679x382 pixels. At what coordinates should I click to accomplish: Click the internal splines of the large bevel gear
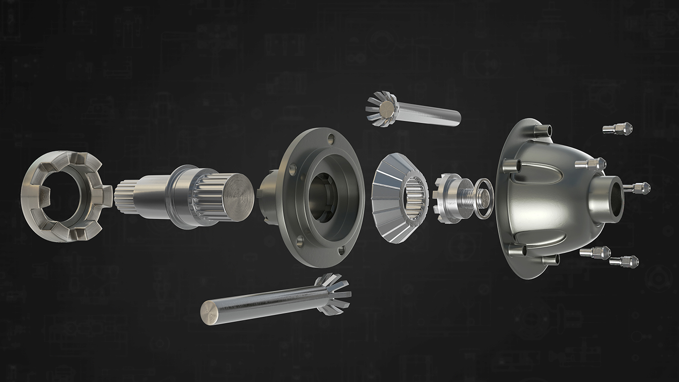416,198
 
